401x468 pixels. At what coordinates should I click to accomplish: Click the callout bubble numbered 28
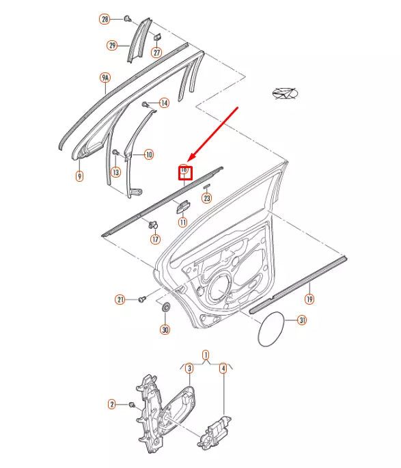105,19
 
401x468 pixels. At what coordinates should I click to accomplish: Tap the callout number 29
112,46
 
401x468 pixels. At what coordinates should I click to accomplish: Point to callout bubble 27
157,53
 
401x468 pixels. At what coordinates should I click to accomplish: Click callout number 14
164,103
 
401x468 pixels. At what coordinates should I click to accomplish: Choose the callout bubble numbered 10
149,154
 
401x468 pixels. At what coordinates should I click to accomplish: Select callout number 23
207,199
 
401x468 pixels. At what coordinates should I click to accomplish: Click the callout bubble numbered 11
183,222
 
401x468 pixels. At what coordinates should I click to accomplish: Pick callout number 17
155,239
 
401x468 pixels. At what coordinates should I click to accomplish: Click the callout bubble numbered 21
120,299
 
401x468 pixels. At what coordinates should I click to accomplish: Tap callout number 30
165,329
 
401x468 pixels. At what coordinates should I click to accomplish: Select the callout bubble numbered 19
309,299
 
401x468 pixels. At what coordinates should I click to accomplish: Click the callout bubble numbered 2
112,404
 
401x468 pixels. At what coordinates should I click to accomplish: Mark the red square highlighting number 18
184,172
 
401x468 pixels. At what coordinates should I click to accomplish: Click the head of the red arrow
189,159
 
